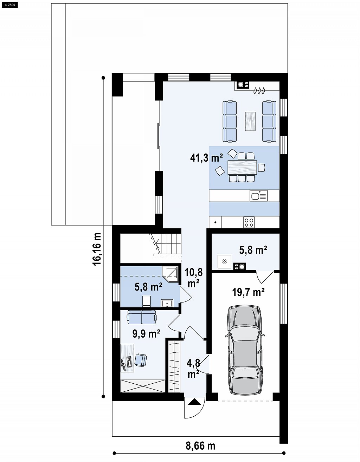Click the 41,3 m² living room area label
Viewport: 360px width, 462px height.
[206, 158]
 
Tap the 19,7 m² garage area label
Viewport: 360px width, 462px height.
[248, 292]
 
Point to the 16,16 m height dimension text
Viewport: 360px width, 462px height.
[97, 249]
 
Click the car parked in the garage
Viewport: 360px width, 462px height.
[245, 350]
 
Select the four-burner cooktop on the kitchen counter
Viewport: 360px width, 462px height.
[249, 222]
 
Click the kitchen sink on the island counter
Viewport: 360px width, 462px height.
[258, 196]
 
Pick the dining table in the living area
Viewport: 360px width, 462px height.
[242, 168]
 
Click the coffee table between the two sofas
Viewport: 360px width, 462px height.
[250, 121]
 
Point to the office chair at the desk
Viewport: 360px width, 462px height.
[141, 360]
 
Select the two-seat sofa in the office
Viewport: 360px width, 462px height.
[142, 317]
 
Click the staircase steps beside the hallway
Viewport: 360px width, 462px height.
[168, 244]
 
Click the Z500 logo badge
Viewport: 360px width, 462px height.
[9, 5]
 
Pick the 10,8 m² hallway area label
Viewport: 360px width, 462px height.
[193, 278]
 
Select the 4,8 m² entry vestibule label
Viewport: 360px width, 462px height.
[193, 369]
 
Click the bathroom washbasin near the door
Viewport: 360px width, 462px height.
[167, 303]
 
